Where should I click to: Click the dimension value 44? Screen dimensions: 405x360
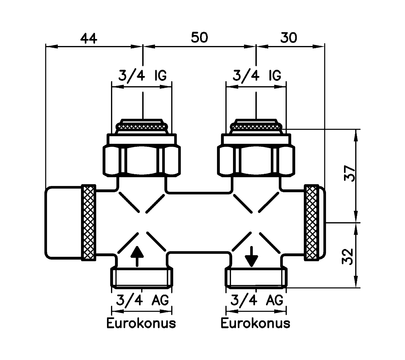coord(89,39)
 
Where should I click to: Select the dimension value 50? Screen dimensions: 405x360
coord(199,37)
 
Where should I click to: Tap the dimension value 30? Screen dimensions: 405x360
coord(288,38)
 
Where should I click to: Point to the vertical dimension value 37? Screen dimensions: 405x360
coord(350,173)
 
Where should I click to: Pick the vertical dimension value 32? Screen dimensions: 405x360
coord(349,256)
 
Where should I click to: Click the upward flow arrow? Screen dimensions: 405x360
coord(137,256)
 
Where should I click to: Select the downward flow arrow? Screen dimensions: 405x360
coord(251,256)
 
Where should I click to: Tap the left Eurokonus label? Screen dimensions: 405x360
coord(141,323)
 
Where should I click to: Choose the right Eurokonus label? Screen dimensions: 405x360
coord(255,323)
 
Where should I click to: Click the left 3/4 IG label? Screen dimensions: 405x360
coord(142,76)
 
